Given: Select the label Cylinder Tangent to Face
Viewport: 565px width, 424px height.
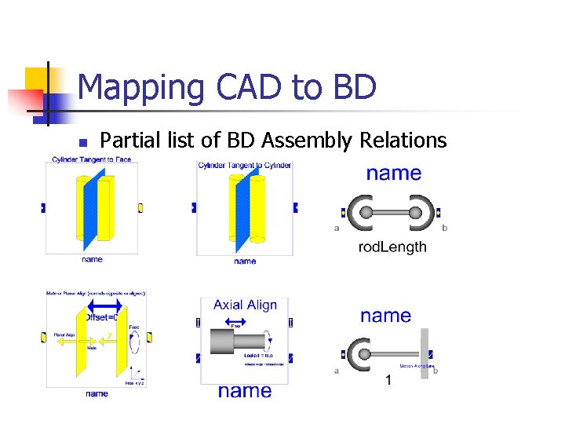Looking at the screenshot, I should (92, 159).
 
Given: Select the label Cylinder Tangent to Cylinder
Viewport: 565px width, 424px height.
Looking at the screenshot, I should (245, 165).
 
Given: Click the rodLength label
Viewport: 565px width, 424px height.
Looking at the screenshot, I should (392, 247).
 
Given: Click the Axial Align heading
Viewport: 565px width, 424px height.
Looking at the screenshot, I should (245, 305).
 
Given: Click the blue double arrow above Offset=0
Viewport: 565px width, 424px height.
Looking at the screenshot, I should (104, 305).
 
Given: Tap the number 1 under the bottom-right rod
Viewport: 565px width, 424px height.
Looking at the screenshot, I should (388, 381).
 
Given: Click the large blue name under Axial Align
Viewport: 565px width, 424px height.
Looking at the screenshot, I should (245, 391).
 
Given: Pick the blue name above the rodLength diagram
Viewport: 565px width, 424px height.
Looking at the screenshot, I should (393, 173).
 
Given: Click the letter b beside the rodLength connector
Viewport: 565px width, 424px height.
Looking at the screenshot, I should (445, 228).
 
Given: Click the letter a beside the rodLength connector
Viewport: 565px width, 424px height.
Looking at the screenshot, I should (337, 228).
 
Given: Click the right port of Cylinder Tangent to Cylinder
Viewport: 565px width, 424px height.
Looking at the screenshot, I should (295, 208).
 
